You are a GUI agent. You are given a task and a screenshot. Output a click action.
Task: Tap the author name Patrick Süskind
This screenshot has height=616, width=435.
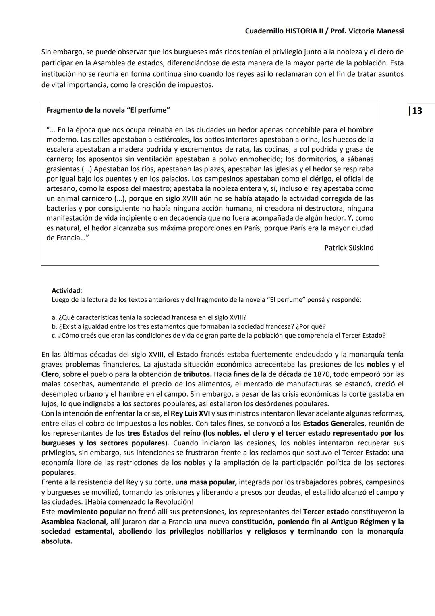point(349,248)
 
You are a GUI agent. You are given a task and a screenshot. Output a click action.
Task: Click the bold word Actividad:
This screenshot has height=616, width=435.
point(67,290)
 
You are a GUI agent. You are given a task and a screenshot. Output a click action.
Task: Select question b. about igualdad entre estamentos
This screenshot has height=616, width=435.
point(188,326)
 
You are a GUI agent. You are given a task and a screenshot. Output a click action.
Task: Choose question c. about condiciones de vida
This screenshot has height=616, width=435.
point(219,335)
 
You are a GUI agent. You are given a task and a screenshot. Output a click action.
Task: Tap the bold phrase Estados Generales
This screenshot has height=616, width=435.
point(333,423)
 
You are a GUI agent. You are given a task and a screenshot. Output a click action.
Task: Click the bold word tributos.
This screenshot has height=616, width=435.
point(197,374)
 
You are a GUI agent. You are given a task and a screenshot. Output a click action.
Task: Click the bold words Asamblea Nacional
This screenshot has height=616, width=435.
point(73,522)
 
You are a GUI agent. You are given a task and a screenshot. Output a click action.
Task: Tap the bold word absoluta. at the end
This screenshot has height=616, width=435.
point(57,541)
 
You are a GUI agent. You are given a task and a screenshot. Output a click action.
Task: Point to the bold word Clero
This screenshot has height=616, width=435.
point(50,374)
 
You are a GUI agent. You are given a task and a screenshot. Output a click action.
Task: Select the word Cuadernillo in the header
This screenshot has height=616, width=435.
point(264,31)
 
